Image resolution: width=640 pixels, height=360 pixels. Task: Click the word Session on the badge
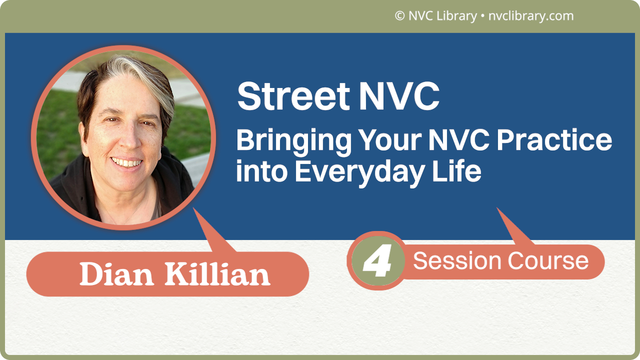(x=457, y=261)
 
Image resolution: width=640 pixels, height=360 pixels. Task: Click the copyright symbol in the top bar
(x=399, y=16)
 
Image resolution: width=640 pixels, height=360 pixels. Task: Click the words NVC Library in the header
(x=442, y=16)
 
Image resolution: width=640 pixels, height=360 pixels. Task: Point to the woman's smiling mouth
(x=126, y=162)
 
